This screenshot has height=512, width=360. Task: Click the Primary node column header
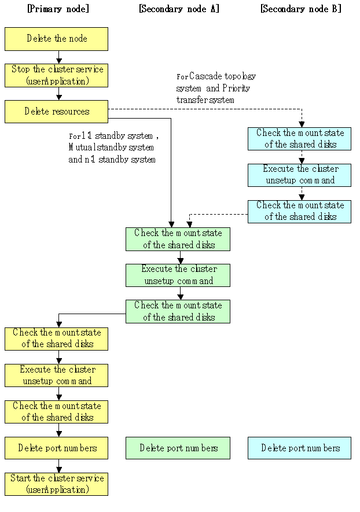[x=58, y=9]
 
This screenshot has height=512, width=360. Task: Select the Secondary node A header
[x=179, y=9]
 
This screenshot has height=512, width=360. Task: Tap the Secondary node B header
[x=301, y=9]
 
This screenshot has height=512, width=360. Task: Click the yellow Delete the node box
[x=56, y=39]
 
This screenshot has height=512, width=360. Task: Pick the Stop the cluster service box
[x=56, y=75]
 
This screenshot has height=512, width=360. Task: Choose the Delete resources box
[x=56, y=112]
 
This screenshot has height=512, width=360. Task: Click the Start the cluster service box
[x=56, y=484]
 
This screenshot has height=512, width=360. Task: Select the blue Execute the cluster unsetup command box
[x=299, y=175]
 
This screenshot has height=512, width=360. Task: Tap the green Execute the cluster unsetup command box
[x=178, y=275]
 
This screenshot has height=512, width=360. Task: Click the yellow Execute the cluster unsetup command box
[x=56, y=375]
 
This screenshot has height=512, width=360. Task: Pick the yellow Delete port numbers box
[x=56, y=448]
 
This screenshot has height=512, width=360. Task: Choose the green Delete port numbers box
[x=178, y=448]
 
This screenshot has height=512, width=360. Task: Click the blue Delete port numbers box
[x=299, y=448]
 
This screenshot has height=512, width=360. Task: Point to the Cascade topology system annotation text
[x=216, y=88]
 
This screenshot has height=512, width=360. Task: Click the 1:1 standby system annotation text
[x=113, y=148]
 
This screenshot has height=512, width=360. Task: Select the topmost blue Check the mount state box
[x=299, y=139]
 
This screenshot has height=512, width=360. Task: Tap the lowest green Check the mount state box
[x=178, y=311]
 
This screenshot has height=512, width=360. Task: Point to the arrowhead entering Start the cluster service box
[x=59, y=470]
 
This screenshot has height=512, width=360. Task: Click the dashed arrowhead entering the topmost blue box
[x=302, y=124]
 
